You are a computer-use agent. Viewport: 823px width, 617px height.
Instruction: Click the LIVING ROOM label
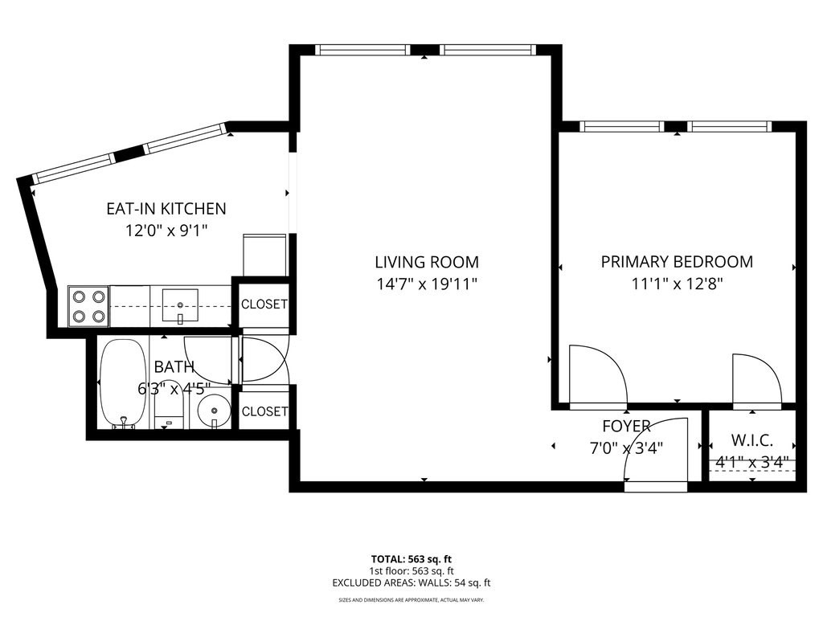pyautogui.click(x=426, y=262)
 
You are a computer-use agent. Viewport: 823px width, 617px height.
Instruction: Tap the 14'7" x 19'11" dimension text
pyautogui.click(x=426, y=284)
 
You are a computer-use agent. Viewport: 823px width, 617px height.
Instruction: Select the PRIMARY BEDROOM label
pyautogui.click(x=677, y=262)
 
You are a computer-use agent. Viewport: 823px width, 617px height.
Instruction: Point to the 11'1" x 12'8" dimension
pyautogui.click(x=677, y=284)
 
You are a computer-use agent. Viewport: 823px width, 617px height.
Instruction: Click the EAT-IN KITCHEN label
pyautogui.click(x=166, y=209)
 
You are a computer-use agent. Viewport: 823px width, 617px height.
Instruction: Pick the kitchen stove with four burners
pyautogui.click(x=88, y=305)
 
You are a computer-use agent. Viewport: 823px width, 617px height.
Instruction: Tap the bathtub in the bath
pyautogui.click(x=123, y=384)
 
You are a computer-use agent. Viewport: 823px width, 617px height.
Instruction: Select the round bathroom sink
pyautogui.click(x=214, y=410)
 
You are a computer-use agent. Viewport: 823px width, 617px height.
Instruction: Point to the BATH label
pyautogui.click(x=174, y=367)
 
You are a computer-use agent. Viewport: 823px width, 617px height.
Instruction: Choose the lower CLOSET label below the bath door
pyautogui.click(x=264, y=411)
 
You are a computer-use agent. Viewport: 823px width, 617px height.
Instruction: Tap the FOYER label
pyautogui.click(x=626, y=426)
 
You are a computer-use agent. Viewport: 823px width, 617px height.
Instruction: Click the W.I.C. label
pyautogui.click(x=751, y=440)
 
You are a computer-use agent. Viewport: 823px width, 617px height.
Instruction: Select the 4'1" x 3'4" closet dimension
pyautogui.click(x=751, y=463)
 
